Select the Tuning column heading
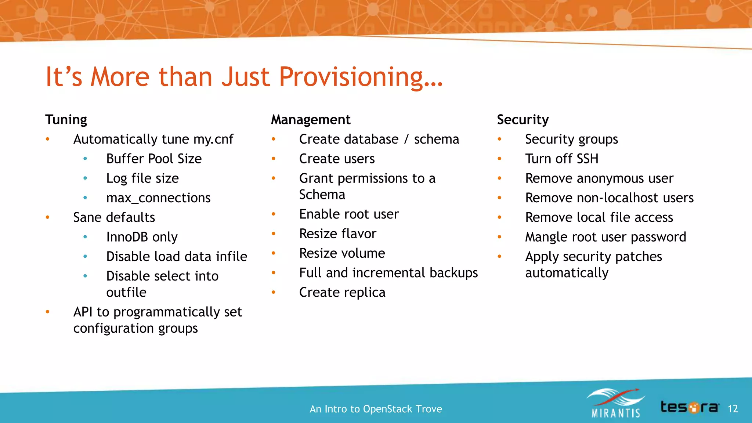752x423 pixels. (x=66, y=120)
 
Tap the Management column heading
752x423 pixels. (x=311, y=120)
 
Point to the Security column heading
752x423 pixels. (x=523, y=120)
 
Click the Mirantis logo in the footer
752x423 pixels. (x=616, y=404)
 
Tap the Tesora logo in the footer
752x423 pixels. (x=690, y=407)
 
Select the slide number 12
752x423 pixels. (x=733, y=409)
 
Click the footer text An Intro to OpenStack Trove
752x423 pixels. (x=376, y=409)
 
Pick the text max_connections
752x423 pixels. (x=158, y=198)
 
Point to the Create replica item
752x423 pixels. (x=342, y=292)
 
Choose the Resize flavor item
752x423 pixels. (x=338, y=234)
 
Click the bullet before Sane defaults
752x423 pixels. (x=47, y=217)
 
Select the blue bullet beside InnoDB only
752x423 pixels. (x=85, y=237)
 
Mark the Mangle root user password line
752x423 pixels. (x=605, y=237)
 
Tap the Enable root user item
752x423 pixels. (x=349, y=214)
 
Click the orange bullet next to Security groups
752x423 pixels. (x=499, y=139)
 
